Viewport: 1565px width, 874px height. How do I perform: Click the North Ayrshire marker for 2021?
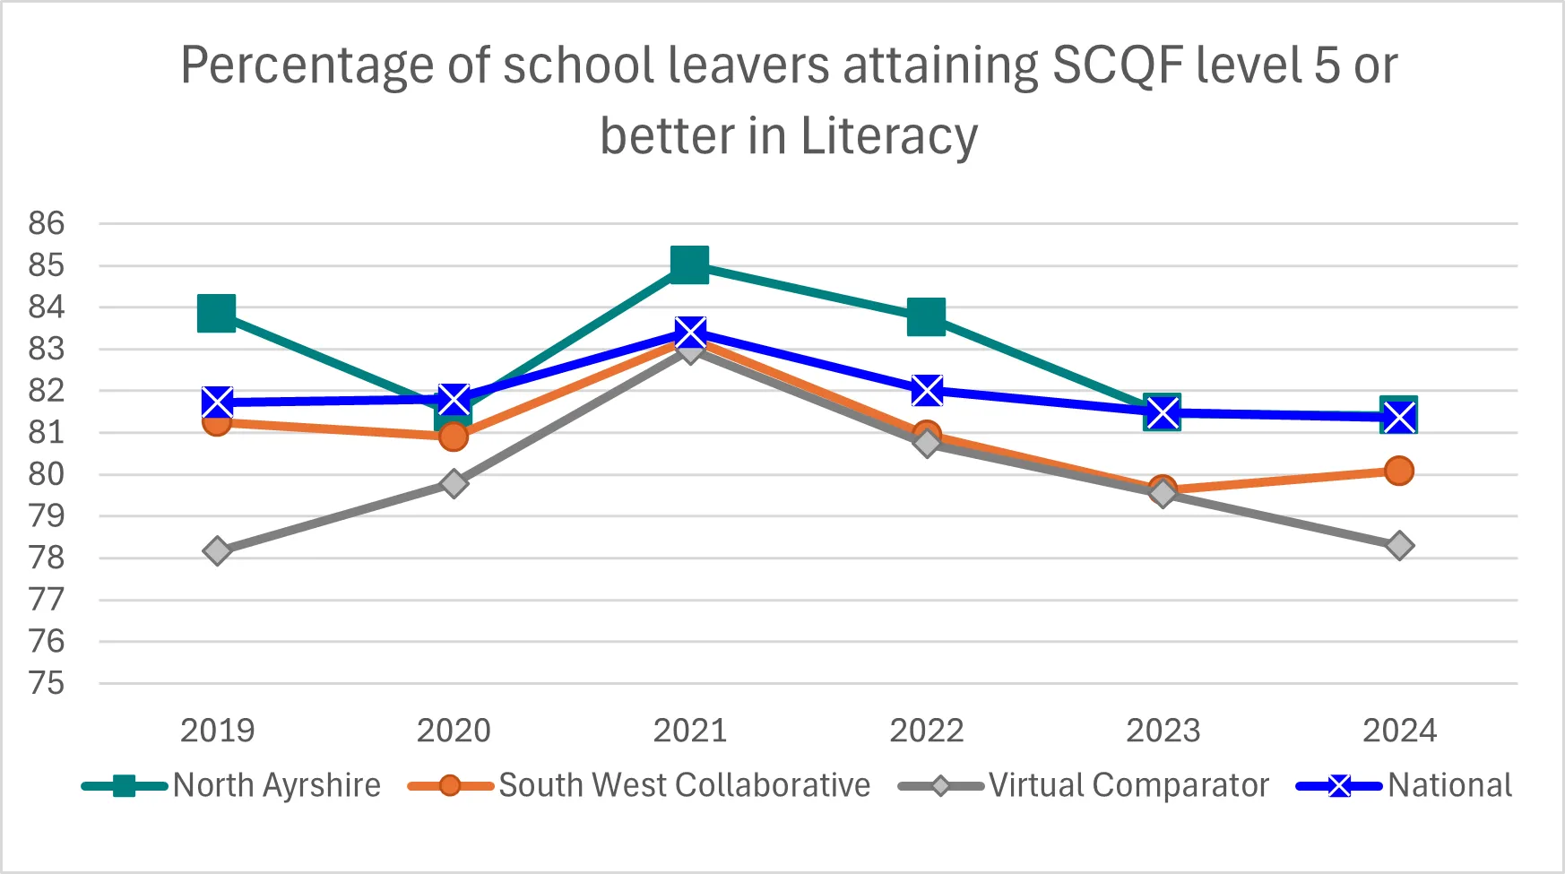[x=689, y=264]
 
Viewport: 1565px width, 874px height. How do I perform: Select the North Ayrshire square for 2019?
[x=217, y=313]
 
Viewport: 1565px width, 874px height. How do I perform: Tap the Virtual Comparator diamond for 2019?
[x=217, y=550]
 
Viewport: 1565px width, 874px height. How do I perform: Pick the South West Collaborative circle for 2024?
[x=1398, y=471]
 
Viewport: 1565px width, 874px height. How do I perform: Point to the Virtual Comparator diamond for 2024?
[x=1398, y=545]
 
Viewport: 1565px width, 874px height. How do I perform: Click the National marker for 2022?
[x=926, y=391]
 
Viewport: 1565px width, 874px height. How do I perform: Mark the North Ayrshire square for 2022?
[x=926, y=317]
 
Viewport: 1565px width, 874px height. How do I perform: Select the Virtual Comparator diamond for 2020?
[x=454, y=484]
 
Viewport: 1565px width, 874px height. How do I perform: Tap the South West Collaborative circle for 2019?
[x=217, y=422]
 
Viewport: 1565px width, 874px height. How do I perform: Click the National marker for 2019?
[x=217, y=402]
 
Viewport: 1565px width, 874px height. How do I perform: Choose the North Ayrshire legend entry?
[x=231, y=786]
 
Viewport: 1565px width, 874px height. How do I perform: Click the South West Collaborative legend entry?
[x=638, y=786]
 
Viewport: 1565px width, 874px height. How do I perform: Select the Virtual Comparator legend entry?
[x=1084, y=786]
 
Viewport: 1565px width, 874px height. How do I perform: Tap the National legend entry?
[x=1405, y=786]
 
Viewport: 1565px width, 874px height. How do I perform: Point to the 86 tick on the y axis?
[x=47, y=223]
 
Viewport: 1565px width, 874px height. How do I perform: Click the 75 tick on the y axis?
[x=47, y=684]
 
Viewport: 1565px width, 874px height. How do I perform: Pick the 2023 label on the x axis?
[x=1163, y=731]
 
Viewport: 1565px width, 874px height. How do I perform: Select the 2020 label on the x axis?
[x=454, y=731]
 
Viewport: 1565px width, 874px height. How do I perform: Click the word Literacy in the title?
[x=888, y=136]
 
